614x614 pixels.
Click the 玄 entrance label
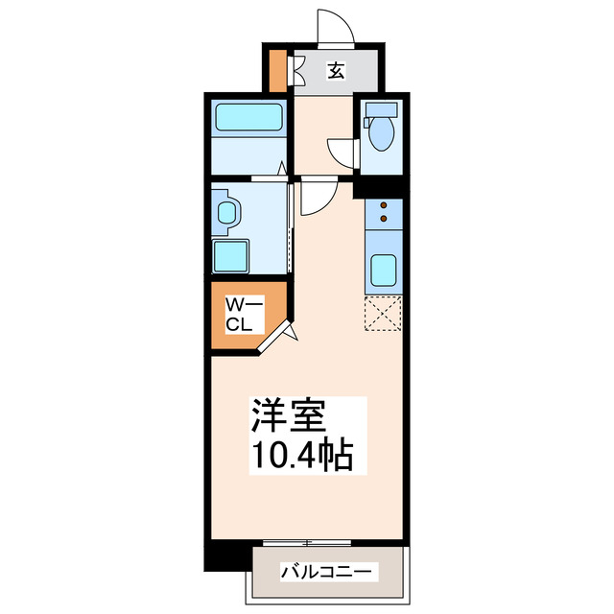[x=336, y=70]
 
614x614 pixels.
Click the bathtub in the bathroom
[x=249, y=118]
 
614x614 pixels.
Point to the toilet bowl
[x=382, y=134]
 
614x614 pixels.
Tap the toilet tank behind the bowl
[x=382, y=108]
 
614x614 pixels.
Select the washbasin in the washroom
[x=227, y=213]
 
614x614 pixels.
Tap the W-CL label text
[x=240, y=315]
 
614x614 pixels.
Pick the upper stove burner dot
[x=384, y=205]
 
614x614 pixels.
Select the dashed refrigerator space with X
[x=384, y=313]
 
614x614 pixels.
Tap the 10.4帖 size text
[x=301, y=453]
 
